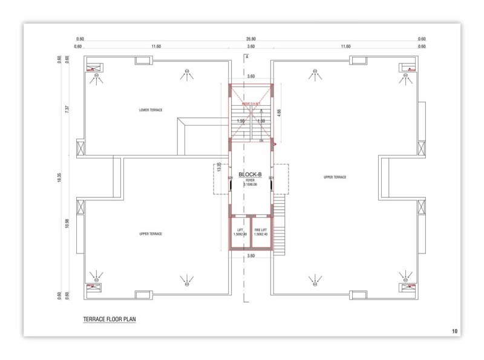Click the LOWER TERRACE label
(151, 110)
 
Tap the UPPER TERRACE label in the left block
(151, 234)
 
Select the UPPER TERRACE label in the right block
(335, 177)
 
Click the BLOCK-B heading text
(250, 174)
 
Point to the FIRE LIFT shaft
(261, 232)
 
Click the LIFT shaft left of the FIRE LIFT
(240, 232)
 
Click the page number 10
(454, 331)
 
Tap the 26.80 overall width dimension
(250, 39)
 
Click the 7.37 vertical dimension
(67, 109)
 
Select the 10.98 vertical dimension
(67, 223)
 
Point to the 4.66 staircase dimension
(279, 112)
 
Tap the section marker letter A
(247, 56)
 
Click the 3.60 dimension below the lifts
(250, 256)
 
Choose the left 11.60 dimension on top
(157, 47)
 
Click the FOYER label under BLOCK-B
(250, 180)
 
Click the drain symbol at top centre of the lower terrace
(187, 74)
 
